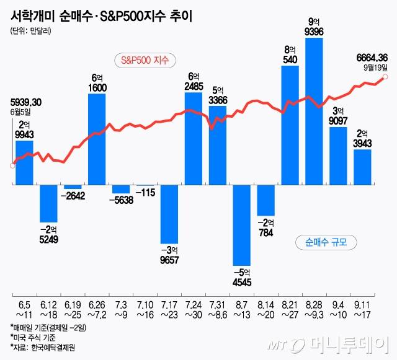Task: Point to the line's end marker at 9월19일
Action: tap(386, 77)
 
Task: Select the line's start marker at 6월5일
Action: tap(12, 165)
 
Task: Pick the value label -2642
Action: tap(73, 196)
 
